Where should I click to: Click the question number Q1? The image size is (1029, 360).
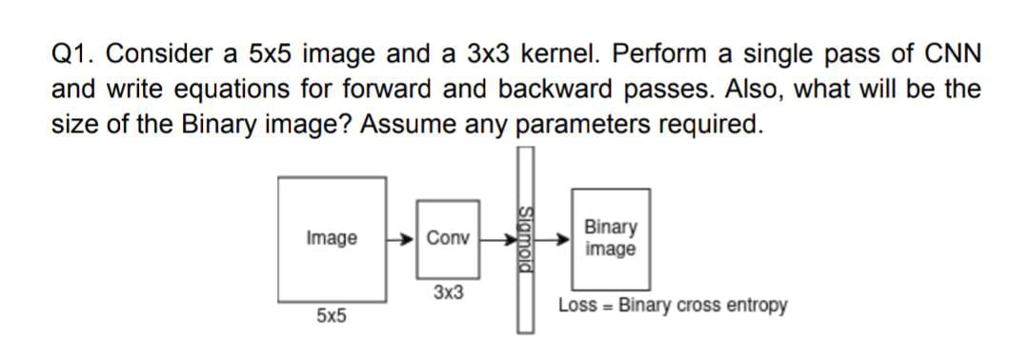click(70, 55)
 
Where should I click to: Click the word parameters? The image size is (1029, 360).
click(580, 125)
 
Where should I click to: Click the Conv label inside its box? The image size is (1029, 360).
click(448, 238)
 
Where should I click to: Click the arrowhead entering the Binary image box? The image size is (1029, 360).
click(565, 240)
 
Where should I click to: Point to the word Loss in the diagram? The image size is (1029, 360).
click(577, 306)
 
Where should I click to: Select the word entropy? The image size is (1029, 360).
click(757, 306)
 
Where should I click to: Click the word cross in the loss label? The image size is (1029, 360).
click(702, 306)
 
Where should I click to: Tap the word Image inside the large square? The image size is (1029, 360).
click(332, 238)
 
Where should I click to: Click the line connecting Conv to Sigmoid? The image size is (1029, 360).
click(495, 239)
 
